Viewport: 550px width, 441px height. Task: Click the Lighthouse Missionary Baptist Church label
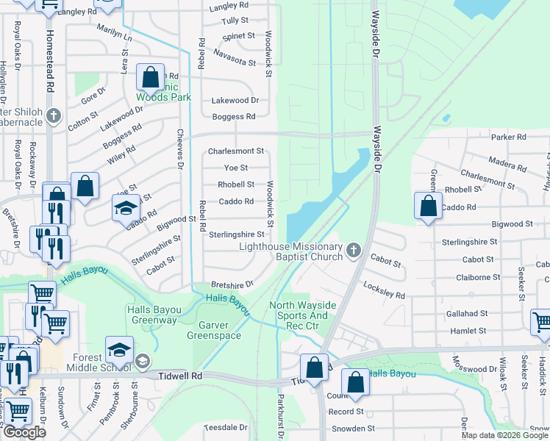coord(291,251)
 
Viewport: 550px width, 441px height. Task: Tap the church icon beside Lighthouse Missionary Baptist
coord(354,251)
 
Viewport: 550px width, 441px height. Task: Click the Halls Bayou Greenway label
coord(153,315)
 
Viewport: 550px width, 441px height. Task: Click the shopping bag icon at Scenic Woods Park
coord(150,77)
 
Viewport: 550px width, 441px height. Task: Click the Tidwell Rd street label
coord(180,376)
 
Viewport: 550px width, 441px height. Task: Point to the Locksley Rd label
coord(385,290)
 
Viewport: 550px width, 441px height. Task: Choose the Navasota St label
coord(234,53)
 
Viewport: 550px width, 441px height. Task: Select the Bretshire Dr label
coord(232,284)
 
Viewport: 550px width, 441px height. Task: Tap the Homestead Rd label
coord(50,62)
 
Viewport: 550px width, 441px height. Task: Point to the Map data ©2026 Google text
coord(504,435)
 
